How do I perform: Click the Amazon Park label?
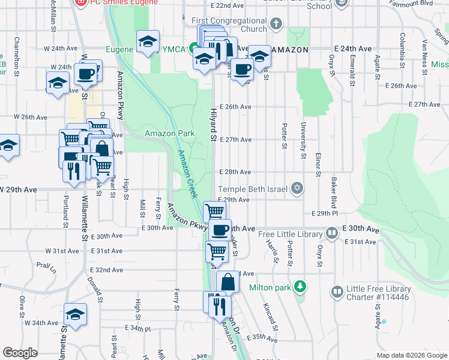pos(169,133)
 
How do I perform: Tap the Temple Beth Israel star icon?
pos(296,189)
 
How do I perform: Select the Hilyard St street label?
pos(212,125)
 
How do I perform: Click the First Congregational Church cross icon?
pos(276,25)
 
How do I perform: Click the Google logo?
pos(20,353)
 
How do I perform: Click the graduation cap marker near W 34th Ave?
pos(76,314)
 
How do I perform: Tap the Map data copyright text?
pos(411,355)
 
